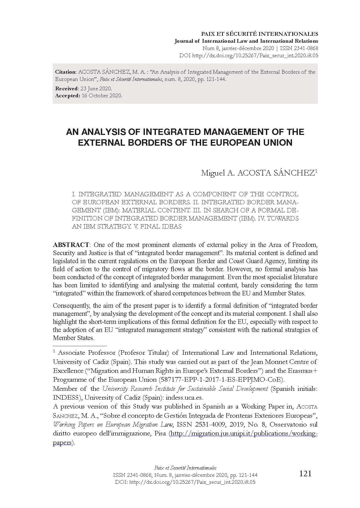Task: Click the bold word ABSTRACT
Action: (x=71, y=245)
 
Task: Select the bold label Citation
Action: (x=66, y=72)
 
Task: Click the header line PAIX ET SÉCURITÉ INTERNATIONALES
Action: (x=260, y=34)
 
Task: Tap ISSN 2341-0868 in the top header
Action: (x=297, y=48)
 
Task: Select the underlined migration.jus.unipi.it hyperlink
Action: (x=244, y=434)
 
